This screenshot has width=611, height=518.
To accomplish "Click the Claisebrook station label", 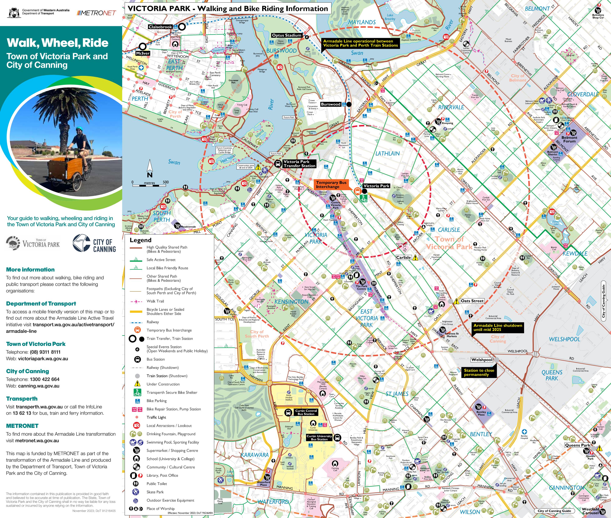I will (x=160, y=27).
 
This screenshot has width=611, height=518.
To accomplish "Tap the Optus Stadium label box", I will (x=286, y=35).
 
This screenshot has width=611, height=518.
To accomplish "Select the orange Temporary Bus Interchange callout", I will (x=331, y=184).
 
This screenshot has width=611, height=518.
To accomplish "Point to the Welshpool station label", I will (x=482, y=360).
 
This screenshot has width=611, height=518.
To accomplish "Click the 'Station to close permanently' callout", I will (x=479, y=372).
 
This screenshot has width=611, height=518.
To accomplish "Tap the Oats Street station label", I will (x=472, y=301).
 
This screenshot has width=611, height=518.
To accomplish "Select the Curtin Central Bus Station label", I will (x=306, y=412).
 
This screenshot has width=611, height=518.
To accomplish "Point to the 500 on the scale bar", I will (x=166, y=182).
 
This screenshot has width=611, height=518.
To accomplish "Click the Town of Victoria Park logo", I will (x=33, y=243).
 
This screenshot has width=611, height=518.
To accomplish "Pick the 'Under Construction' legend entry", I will (x=163, y=384).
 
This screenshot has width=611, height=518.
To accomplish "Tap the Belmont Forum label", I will (x=569, y=139).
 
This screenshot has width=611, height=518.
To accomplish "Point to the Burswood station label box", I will (x=330, y=104).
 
